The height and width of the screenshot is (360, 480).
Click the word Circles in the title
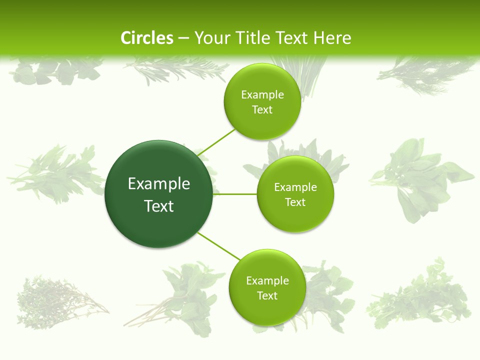click(x=146, y=38)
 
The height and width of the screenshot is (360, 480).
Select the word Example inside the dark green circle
click(x=159, y=184)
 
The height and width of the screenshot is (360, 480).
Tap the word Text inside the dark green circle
click(x=159, y=206)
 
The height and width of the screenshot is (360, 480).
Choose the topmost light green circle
click(x=262, y=102)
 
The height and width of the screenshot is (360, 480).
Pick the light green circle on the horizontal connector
click(x=295, y=194)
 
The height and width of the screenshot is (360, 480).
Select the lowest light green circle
click(x=267, y=288)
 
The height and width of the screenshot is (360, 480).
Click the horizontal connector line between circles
click(x=235, y=194)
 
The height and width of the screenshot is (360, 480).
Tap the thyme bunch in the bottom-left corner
click(x=55, y=300)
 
